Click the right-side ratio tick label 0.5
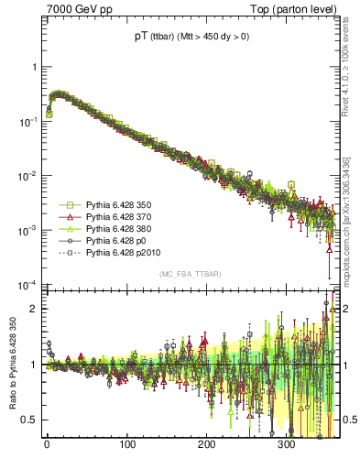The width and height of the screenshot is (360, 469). tap(349, 420)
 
